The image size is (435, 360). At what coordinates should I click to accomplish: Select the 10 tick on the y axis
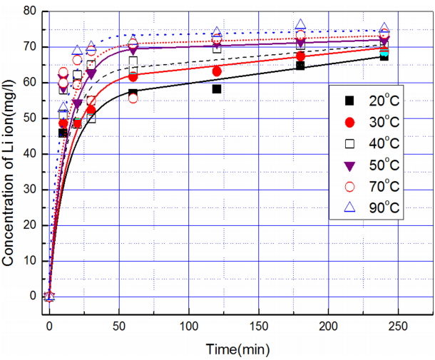[29, 261]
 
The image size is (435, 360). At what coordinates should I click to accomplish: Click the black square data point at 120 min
[217, 89]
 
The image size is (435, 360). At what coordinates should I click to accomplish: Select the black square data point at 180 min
[300, 66]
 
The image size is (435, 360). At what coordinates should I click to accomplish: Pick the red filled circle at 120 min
[217, 71]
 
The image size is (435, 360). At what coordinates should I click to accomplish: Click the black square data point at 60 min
[133, 93]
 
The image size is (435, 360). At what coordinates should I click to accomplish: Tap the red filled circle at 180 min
[300, 56]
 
